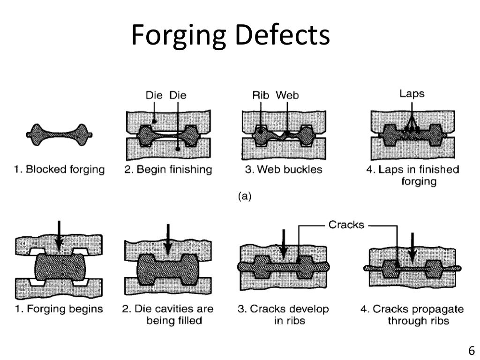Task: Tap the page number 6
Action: (x=471, y=350)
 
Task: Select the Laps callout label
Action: (x=412, y=94)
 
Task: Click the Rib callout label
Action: (x=261, y=95)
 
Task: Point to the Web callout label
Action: (x=287, y=95)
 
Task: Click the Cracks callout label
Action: (x=346, y=225)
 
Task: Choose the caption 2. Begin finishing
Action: (x=168, y=169)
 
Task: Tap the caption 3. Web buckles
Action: (x=284, y=169)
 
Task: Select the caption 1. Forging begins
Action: (x=59, y=309)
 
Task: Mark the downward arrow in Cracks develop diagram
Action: (x=283, y=244)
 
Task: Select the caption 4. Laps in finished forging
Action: (x=412, y=175)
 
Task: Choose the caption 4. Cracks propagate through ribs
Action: (x=412, y=315)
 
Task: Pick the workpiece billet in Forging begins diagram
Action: (x=58, y=268)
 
